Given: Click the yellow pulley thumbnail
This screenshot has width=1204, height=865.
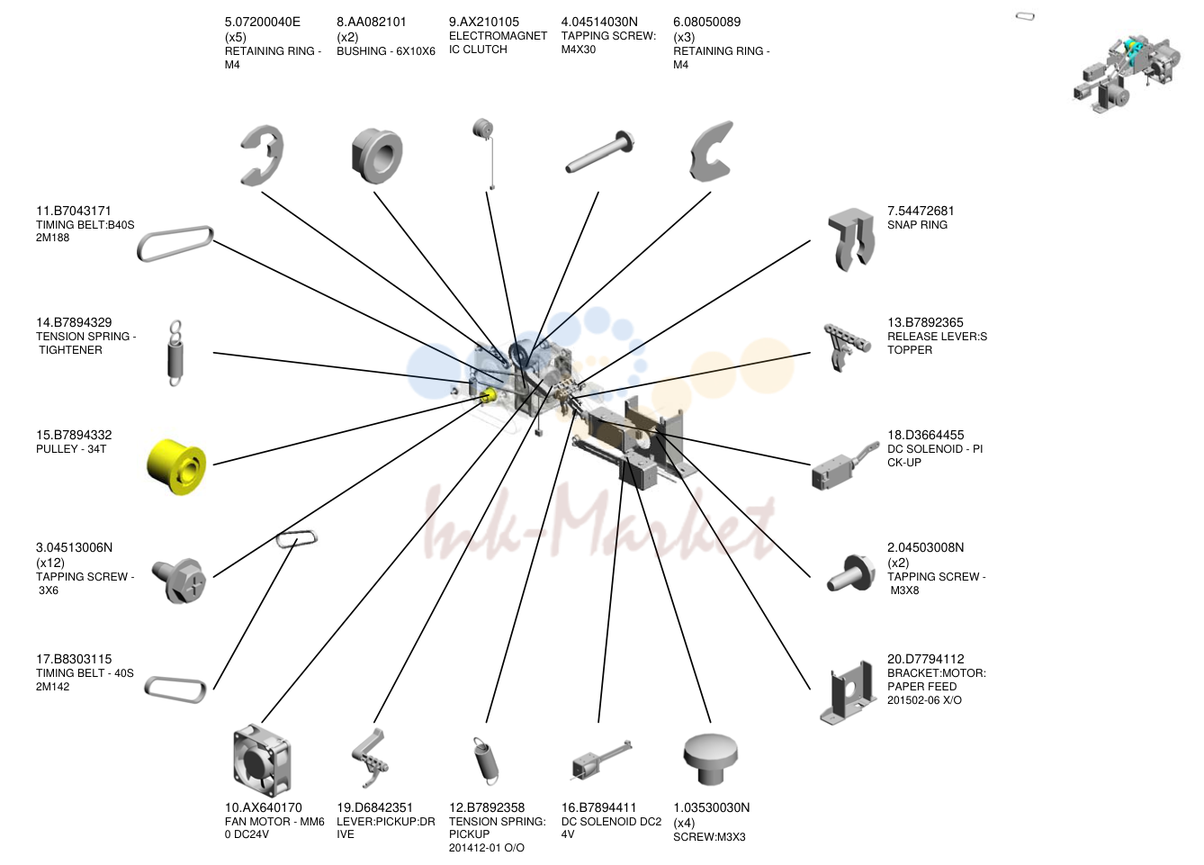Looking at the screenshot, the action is tap(176, 466).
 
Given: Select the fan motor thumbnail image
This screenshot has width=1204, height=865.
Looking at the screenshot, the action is tap(262, 761).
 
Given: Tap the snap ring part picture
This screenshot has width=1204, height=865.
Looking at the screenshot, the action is tap(851, 239).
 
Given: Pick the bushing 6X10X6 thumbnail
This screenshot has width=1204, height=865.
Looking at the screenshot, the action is tap(377, 156).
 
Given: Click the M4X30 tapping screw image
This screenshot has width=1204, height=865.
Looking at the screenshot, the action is tap(599, 151).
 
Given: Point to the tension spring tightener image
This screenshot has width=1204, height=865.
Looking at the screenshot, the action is tap(175, 353).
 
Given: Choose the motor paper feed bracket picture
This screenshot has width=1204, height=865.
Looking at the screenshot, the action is tap(849, 692).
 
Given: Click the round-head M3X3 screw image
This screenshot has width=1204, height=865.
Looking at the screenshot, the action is tap(711, 759).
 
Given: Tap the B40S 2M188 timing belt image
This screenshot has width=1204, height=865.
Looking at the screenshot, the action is tap(175, 244).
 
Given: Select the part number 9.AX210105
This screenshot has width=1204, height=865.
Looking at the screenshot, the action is tap(484, 22).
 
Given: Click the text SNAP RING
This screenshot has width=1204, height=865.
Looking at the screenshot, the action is tap(917, 225).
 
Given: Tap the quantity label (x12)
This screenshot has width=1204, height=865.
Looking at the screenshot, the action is tap(50, 563).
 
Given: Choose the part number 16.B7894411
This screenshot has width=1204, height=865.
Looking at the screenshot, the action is tap(598, 807).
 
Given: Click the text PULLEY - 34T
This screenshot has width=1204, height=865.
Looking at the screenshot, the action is tap(71, 449).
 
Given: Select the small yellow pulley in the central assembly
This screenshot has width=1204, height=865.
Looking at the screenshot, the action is tap(488, 396).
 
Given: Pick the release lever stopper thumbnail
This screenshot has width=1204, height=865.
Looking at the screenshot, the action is tap(846, 347).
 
